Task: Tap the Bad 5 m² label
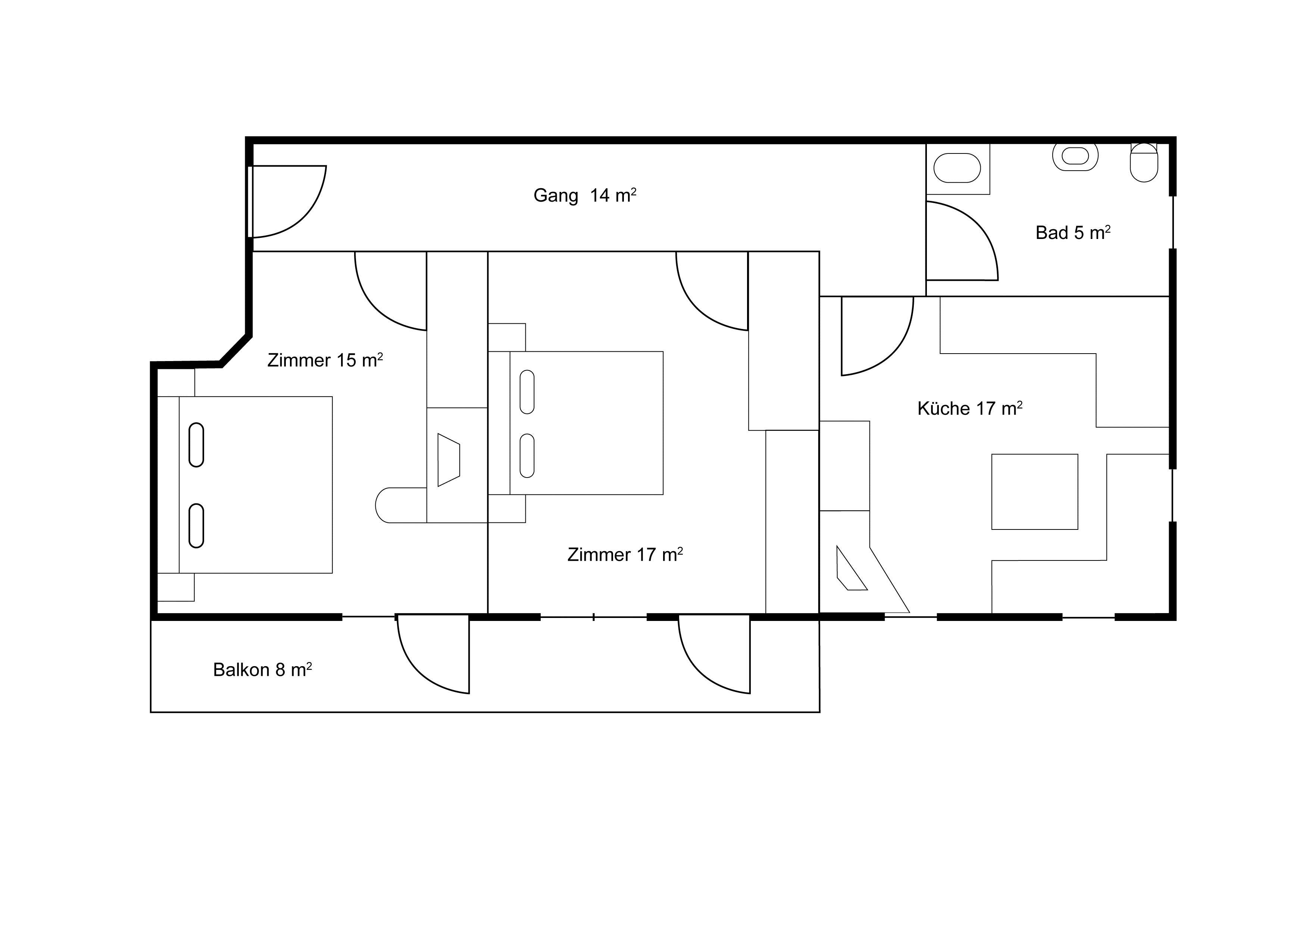click(1073, 232)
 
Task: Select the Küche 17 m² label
click(970, 408)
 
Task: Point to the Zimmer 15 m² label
click(325, 360)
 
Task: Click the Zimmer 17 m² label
click(625, 554)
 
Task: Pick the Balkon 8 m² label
click(262, 669)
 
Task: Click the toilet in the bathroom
click(1144, 162)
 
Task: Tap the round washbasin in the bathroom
click(1075, 156)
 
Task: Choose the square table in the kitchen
click(1035, 492)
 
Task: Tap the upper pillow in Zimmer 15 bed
click(196, 445)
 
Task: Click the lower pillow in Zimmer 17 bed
click(527, 455)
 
